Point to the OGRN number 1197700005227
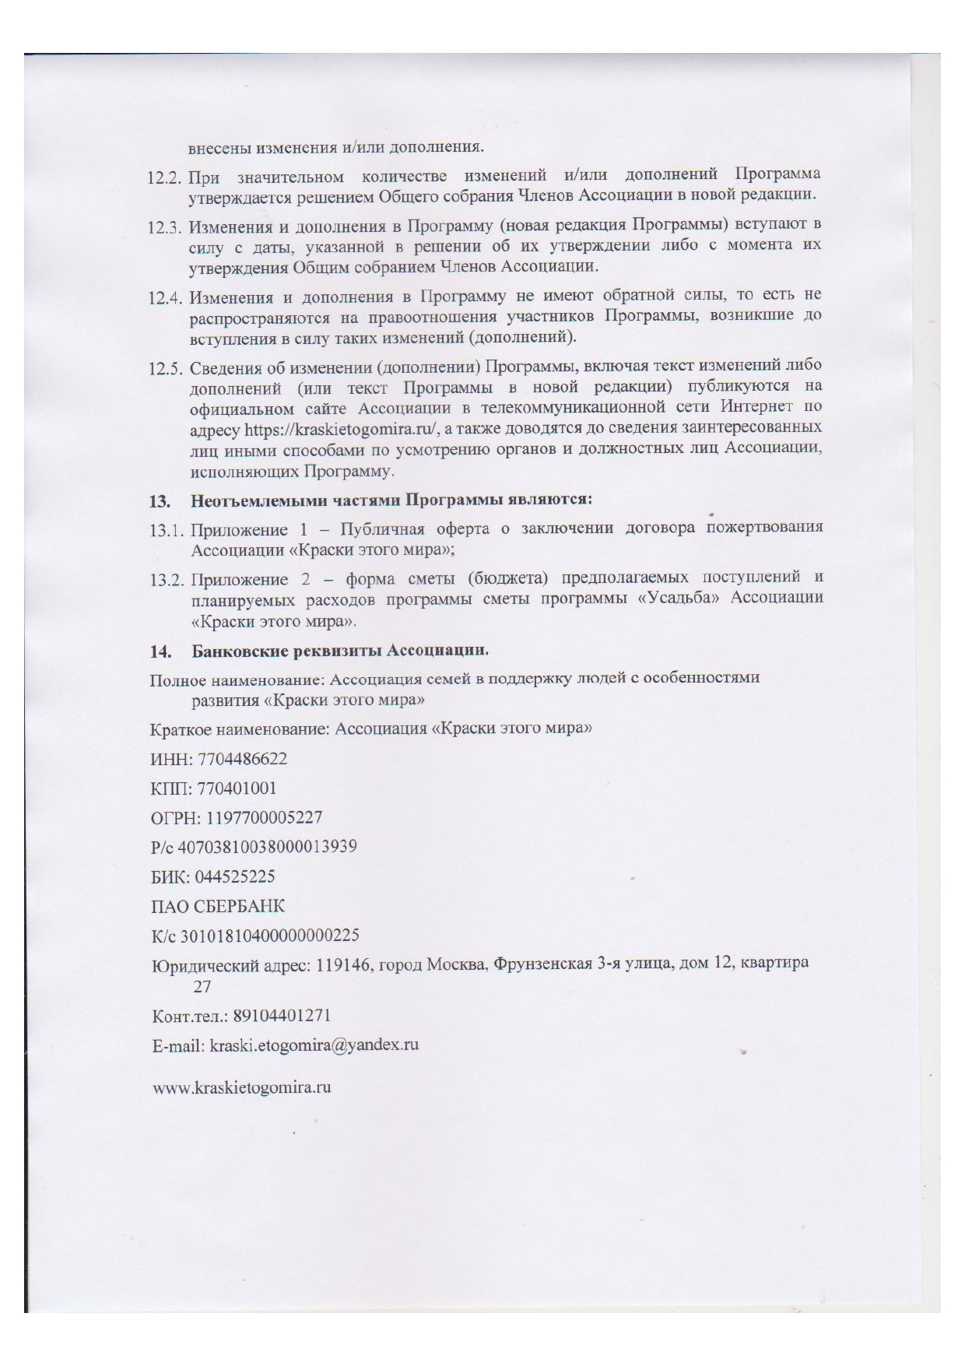[257, 817]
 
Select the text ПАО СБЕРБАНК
[218, 906]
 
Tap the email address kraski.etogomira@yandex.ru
[314, 1045]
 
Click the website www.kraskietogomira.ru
[242, 1087]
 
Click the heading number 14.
[160, 650]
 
